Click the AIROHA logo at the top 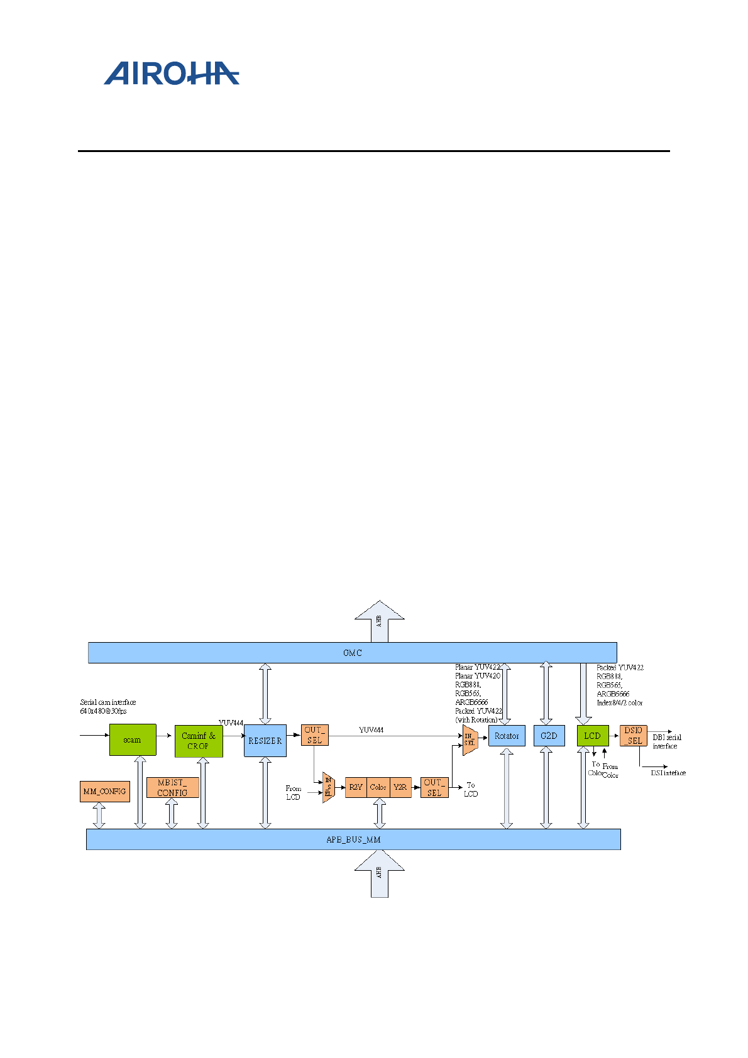tap(171, 73)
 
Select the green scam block tap(132, 740)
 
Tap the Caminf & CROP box tap(199, 741)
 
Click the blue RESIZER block tap(265, 741)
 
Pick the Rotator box tap(507, 736)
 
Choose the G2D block tap(549, 736)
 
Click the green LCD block tap(592, 736)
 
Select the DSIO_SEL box tap(633, 736)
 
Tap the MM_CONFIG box tap(105, 792)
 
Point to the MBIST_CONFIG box tap(172, 788)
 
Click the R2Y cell tap(356, 787)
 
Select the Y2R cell tap(400, 787)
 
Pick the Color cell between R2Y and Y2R tap(378, 787)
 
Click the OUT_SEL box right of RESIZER tap(314, 735)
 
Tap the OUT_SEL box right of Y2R tap(434, 788)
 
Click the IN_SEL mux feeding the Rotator tap(470, 740)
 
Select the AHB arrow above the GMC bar tap(379, 622)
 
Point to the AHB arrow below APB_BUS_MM tap(379, 873)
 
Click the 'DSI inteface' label tap(668, 773)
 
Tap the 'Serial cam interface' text tap(108, 702)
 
